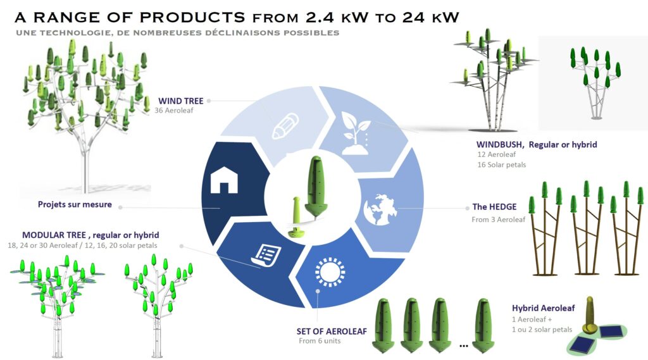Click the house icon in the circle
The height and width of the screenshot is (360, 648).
click(224, 180)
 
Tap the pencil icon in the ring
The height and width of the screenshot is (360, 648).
click(285, 126)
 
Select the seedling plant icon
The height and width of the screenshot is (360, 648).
click(356, 133)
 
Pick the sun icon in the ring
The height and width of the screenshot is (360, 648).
click(330, 272)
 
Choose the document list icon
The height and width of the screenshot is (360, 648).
click(266, 256)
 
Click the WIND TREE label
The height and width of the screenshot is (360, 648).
click(180, 101)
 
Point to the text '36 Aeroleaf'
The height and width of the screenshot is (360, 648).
click(173, 110)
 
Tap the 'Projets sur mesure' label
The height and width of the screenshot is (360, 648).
click(75, 204)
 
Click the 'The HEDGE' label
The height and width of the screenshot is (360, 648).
click(494, 207)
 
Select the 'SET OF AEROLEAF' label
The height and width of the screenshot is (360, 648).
click(332, 331)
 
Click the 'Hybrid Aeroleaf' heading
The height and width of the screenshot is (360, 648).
click(543, 308)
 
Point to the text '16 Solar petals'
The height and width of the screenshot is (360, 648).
click(502, 164)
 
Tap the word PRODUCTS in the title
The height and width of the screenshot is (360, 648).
click(192, 17)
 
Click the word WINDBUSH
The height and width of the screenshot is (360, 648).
click(500, 145)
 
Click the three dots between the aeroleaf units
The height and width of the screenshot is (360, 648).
click(464, 345)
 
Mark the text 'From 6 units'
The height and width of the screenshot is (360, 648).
click(320, 341)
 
